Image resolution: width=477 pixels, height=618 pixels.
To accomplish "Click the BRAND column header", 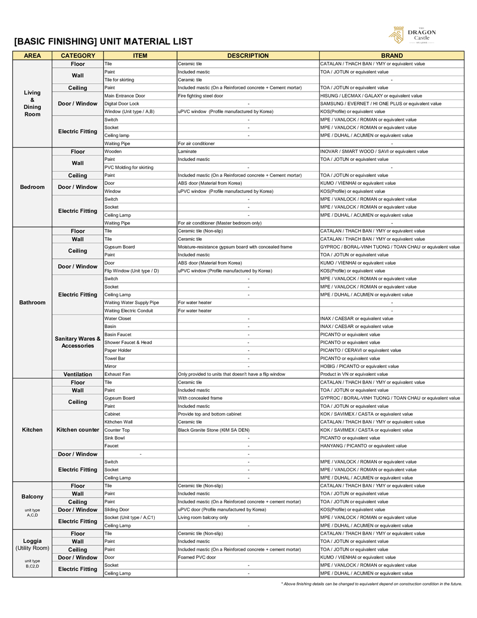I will point(392,56).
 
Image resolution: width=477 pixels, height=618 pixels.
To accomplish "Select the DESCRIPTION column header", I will point(248,56).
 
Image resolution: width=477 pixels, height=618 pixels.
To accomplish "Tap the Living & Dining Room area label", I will point(32,103).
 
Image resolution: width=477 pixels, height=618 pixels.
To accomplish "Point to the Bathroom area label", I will point(32,302).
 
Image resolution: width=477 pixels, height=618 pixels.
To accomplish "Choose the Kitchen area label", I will point(32,430).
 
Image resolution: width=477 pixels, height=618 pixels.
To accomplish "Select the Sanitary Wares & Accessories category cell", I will point(78,342).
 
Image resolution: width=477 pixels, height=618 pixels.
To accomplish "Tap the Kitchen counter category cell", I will point(78,430).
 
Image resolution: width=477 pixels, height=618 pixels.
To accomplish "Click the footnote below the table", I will point(372,584).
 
